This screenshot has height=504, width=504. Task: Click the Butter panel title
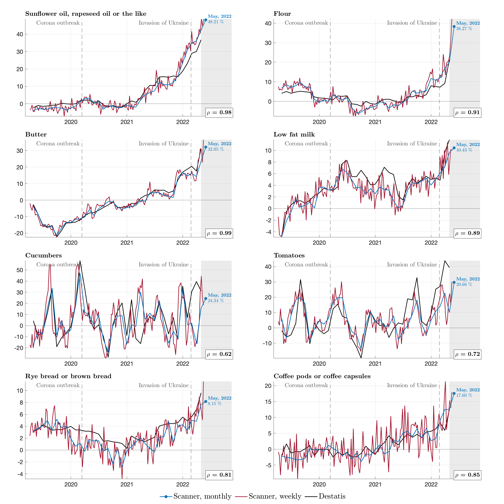point(36,135)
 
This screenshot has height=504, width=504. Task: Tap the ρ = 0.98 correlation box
point(219,113)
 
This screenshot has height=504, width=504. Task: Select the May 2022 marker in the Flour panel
point(454,27)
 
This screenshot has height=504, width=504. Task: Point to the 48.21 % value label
point(216,22)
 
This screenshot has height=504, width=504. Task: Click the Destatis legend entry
point(332,496)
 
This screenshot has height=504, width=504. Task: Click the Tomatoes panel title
point(289,255)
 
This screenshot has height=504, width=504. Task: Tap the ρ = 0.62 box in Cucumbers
point(219,354)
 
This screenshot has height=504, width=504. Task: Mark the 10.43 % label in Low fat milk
point(464,150)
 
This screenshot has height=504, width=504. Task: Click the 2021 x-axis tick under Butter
point(127,243)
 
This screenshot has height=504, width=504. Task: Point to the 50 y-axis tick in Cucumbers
point(20,270)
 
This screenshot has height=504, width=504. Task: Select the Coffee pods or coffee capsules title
point(322,376)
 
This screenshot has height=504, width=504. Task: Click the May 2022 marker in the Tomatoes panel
point(454,282)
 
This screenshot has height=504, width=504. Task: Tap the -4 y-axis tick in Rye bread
point(20,474)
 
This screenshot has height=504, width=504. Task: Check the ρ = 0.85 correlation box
point(468,475)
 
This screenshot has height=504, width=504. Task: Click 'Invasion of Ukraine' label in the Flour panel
point(412,23)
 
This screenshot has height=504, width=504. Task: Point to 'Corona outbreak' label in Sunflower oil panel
point(58,23)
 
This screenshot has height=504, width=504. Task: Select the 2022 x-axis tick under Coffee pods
point(431,485)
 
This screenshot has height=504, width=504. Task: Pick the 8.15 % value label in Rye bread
point(215,404)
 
